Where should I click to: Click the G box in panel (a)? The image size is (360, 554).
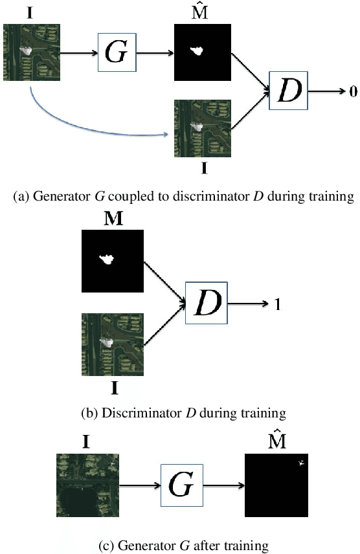(117, 52)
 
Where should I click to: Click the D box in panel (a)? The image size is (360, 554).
(289, 92)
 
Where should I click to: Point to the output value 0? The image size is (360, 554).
(353, 92)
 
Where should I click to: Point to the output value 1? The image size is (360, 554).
(278, 303)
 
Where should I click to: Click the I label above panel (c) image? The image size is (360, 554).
(86, 443)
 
